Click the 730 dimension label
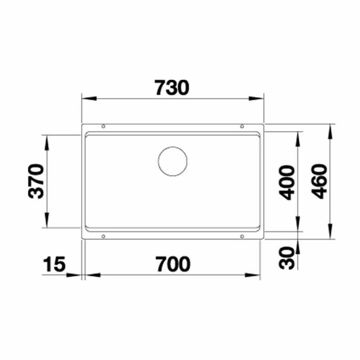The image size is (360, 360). pyautogui.click(x=171, y=88)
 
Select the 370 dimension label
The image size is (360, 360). pyautogui.click(x=36, y=182)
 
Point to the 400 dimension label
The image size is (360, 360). pyautogui.click(x=287, y=182)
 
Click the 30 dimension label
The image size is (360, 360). pyautogui.click(x=287, y=258)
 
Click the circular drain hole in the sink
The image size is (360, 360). pyautogui.click(x=172, y=161)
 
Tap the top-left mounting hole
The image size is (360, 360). pyautogui.click(x=103, y=126)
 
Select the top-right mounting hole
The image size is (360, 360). pyautogui.click(x=242, y=126)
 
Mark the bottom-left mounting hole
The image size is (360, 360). pyautogui.click(x=103, y=236)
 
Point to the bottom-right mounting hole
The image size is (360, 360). pyautogui.click(x=242, y=236)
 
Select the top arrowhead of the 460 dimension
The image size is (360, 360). pyautogui.click(x=331, y=130)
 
